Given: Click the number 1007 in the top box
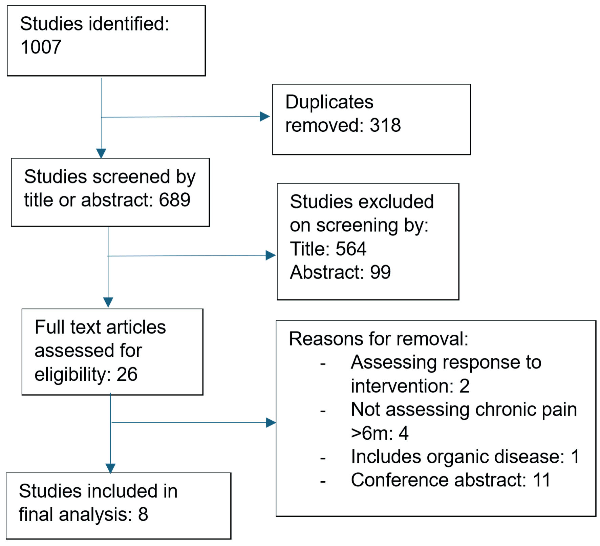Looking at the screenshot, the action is coord(41,47).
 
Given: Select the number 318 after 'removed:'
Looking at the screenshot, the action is coord(385,125).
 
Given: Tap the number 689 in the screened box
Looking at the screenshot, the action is coord(175,199).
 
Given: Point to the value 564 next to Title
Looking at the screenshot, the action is coord(351,249).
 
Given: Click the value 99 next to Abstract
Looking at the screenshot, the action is coord(381,272).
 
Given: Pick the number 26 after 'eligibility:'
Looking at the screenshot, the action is coord(127,374).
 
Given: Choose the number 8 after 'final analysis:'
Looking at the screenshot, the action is coord(143,514).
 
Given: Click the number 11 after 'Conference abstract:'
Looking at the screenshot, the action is coord(541,480).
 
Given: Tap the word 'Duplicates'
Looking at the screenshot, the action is coord(329,102).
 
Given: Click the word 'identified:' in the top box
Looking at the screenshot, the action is coord(129,24).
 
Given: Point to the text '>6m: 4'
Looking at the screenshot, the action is coord(380,433).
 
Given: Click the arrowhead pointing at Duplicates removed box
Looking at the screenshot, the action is coord(265,117).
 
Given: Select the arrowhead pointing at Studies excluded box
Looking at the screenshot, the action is coord(271,255).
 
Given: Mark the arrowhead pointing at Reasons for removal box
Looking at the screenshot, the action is coord(271,422).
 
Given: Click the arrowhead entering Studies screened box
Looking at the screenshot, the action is coord(101,153).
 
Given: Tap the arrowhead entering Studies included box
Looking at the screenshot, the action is coord(110,468).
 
